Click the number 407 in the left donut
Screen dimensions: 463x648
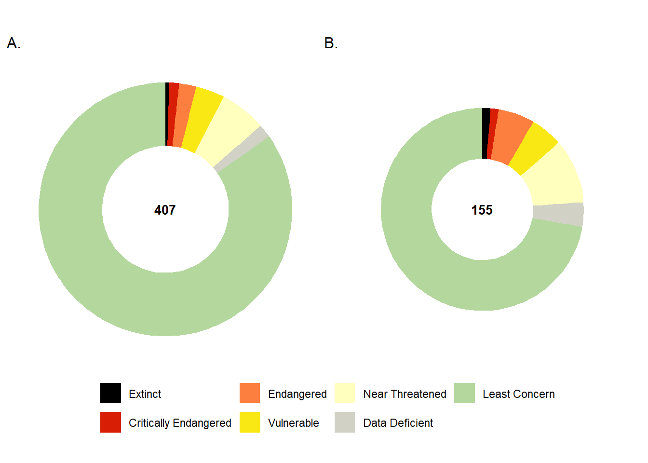(x=165, y=210)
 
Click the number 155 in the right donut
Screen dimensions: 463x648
(x=482, y=210)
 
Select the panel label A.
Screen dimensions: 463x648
(x=13, y=43)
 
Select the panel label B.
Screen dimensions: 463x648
(x=331, y=43)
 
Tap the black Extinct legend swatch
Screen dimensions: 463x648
(x=110, y=393)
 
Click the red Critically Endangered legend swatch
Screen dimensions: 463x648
(x=110, y=422)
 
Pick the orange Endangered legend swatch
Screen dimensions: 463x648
(x=250, y=393)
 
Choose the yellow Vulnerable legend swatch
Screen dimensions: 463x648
(x=250, y=422)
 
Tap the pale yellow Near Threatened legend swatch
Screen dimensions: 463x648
(x=345, y=393)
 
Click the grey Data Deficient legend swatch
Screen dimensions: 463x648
(x=345, y=422)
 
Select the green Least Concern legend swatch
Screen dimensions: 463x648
(x=464, y=393)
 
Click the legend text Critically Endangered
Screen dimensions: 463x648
(x=180, y=423)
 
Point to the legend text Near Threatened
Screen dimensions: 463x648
(x=405, y=394)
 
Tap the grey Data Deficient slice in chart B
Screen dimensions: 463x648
(x=558, y=214)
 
